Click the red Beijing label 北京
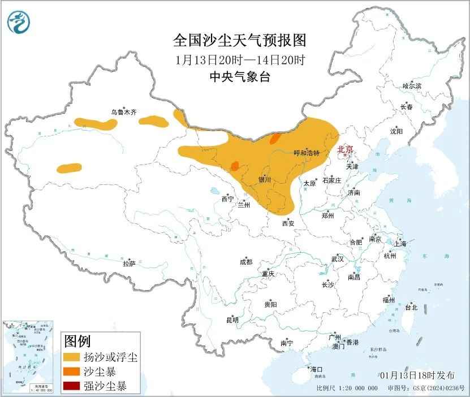point(345,149)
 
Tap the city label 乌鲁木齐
point(123,113)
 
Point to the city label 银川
point(265,180)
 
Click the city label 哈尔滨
point(412,86)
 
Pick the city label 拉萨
point(129,263)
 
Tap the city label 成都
point(246,262)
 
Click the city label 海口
point(316,369)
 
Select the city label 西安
point(288,223)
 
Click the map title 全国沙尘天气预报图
point(239,41)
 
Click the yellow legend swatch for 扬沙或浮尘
point(71,357)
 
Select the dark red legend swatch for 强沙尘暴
point(71,387)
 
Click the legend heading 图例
point(77,342)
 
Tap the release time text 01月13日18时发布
point(418,376)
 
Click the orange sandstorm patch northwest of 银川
point(235,166)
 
